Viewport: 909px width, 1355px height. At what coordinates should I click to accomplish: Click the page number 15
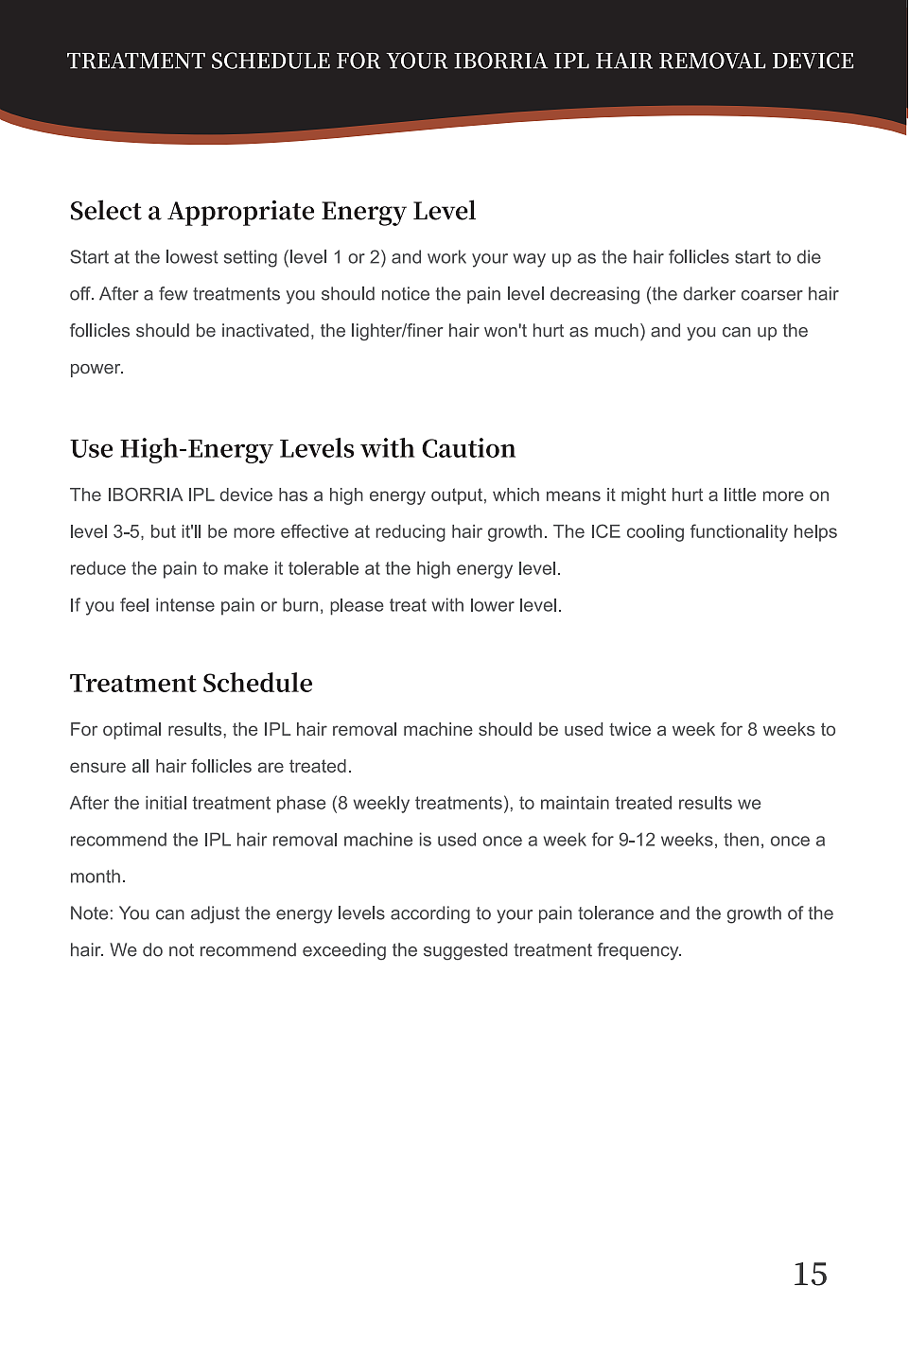pyautogui.click(x=810, y=1275)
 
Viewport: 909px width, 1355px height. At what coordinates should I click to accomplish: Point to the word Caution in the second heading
pyautogui.click(x=468, y=449)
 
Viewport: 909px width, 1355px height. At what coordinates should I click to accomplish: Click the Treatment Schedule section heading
pyautogui.click(x=191, y=684)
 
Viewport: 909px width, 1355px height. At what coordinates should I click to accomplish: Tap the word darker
pyautogui.click(x=708, y=294)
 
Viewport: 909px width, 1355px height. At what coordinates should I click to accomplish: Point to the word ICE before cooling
pyautogui.click(x=605, y=531)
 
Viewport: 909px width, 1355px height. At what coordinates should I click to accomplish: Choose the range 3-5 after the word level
pyautogui.click(x=127, y=531)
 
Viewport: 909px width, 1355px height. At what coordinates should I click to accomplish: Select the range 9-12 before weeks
pyautogui.click(x=637, y=841)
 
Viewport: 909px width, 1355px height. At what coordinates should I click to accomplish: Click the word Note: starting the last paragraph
pyautogui.click(x=92, y=914)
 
